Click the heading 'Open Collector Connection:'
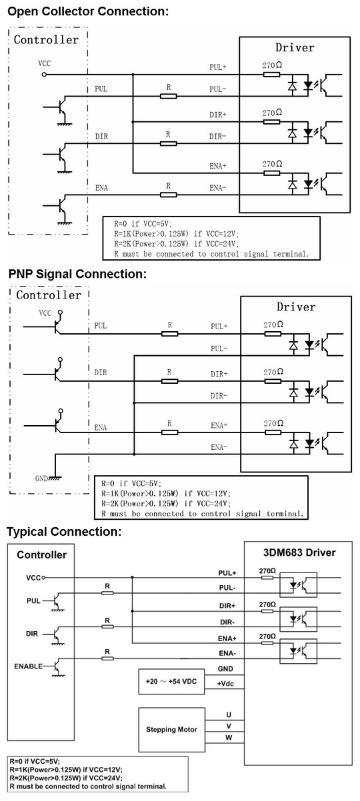click(x=88, y=11)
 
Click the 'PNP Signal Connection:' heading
click(x=77, y=274)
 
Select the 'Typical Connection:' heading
click(x=65, y=532)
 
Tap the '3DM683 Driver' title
click(x=299, y=552)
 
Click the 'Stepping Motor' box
click(x=172, y=730)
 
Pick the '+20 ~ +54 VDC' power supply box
click(x=171, y=682)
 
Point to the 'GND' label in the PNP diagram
click(x=41, y=478)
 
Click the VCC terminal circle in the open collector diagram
click(x=44, y=75)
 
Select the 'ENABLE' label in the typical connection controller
click(x=28, y=666)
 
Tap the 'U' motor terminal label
click(x=229, y=714)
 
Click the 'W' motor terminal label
click(x=229, y=737)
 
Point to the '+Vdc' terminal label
click(x=225, y=683)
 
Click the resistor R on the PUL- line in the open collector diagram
click(x=168, y=96)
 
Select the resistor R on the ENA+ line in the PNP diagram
click(x=169, y=432)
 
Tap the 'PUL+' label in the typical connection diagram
click(x=227, y=573)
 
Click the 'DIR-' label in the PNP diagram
click(x=219, y=396)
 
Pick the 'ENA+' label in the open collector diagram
click(x=218, y=166)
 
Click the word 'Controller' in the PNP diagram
click(x=49, y=295)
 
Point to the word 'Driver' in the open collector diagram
click(x=295, y=47)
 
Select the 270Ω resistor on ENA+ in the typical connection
click(x=267, y=643)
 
